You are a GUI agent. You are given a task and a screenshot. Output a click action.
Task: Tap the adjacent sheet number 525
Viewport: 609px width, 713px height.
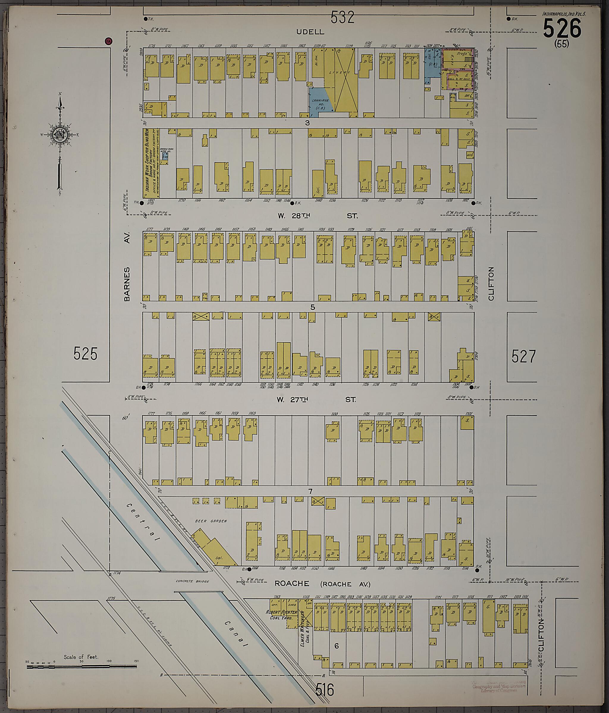(x=85, y=354)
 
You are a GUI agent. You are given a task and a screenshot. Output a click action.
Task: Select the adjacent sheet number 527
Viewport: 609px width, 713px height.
(x=523, y=356)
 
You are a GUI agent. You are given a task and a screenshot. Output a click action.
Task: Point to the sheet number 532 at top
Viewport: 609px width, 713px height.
(x=342, y=17)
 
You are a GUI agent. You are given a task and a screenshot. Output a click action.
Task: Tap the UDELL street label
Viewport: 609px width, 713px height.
(x=310, y=32)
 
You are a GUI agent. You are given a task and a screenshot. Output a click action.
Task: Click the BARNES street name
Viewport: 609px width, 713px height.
(x=127, y=284)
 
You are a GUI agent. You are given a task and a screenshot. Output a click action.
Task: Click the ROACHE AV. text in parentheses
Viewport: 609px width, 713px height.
(x=346, y=584)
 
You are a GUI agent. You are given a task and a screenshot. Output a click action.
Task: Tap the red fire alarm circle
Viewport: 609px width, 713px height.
(x=109, y=41)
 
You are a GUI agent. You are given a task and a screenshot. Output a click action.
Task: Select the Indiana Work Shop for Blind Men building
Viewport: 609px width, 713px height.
(x=151, y=163)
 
